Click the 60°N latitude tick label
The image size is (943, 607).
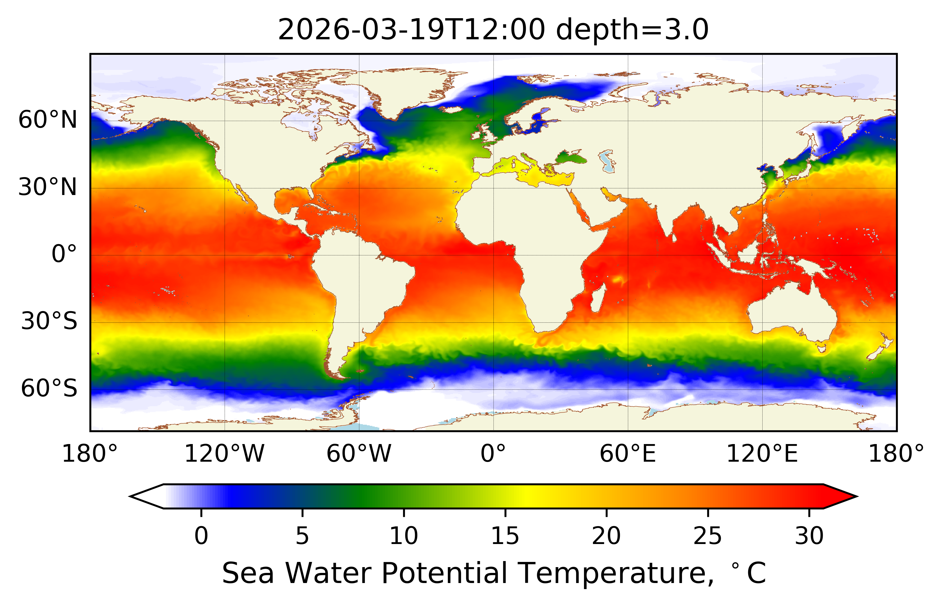coord(47,120)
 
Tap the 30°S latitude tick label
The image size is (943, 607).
coord(49,321)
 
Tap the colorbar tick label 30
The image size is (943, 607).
coord(809,536)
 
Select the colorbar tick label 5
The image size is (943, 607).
coord(302,536)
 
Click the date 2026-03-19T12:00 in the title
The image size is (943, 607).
coord(411,30)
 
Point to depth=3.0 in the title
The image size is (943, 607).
coord(632,30)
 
